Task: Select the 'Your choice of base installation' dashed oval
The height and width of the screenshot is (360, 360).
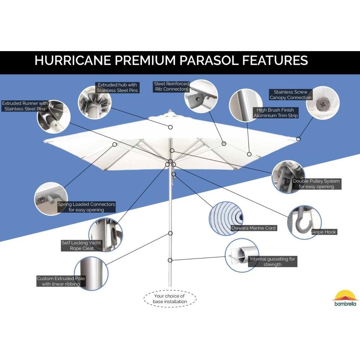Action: pos(170,299)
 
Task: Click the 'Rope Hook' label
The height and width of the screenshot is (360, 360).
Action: pos(324,232)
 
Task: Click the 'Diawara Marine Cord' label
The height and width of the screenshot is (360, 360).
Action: pos(253,228)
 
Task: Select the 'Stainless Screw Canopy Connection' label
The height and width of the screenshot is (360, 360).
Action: pos(291,95)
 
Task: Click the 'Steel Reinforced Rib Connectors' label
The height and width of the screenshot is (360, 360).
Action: pos(171,86)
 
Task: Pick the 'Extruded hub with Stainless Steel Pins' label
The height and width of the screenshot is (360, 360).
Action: pos(117,87)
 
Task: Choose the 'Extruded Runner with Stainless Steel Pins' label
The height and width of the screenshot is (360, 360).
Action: pos(25,106)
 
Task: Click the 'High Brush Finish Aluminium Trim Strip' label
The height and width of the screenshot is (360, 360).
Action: pos(275,113)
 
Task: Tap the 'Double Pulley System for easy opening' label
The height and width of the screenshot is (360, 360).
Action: pos(316,184)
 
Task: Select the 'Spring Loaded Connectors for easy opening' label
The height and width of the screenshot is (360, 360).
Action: pos(86,207)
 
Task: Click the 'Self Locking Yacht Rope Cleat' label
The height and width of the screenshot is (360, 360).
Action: pos(81,246)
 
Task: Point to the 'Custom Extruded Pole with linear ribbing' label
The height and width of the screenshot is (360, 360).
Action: pos(61,281)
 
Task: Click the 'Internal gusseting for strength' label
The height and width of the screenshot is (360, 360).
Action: pos(273,261)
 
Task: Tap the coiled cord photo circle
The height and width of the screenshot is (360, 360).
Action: pos(226,219)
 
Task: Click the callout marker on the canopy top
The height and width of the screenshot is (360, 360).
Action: pos(170,127)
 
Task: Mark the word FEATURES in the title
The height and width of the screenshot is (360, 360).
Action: pos(275,60)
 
